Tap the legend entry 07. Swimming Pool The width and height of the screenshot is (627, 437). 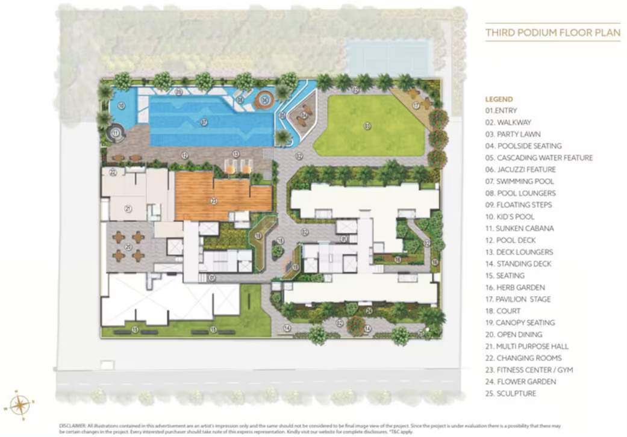point(519,181)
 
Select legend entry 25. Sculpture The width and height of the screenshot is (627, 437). point(510,394)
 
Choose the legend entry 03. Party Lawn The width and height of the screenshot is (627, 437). point(513,134)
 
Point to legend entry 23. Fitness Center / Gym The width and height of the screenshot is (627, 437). point(529,370)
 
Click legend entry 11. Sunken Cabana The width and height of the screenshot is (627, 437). point(519,229)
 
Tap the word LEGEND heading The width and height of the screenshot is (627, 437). point(499,99)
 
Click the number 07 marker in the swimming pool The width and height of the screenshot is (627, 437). point(204,122)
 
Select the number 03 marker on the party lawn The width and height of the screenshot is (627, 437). point(367,125)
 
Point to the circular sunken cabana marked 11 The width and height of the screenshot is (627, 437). point(116,132)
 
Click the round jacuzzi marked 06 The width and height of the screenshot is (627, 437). point(264,100)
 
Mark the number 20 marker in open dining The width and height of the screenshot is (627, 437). point(128,246)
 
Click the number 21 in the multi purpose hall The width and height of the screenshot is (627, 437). point(128,209)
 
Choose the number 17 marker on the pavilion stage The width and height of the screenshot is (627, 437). point(416,105)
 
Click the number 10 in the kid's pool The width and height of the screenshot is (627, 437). point(122,106)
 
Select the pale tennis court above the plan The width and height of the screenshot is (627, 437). point(388,58)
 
